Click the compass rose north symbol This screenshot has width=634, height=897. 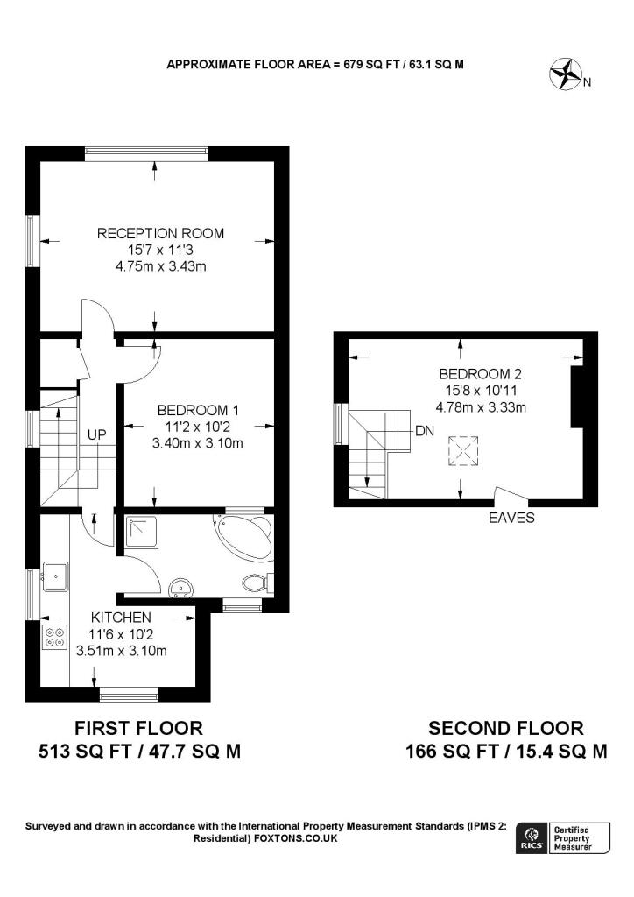(x=566, y=74)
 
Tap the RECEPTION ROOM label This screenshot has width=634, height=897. (x=160, y=233)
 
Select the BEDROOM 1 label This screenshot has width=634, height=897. (x=198, y=410)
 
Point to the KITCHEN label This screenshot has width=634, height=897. (x=121, y=618)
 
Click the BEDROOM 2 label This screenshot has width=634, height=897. (x=480, y=374)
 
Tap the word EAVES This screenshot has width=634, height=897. (x=511, y=518)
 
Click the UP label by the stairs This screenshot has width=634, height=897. (x=96, y=434)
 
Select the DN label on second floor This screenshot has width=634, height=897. (x=425, y=431)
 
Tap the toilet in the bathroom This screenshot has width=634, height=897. (x=257, y=583)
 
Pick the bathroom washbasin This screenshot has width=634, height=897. (x=182, y=588)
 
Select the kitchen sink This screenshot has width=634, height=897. (x=55, y=576)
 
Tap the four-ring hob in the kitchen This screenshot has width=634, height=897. (x=54, y=638)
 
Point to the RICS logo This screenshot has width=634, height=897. (x=530, y=838)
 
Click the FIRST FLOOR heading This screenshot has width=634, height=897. (x=139, y=728)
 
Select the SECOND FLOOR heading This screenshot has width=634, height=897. (x=506, y=728)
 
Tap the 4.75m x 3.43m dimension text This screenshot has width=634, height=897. (x=160, y=266)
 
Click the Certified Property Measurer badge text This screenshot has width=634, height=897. (x=572, y=838)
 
